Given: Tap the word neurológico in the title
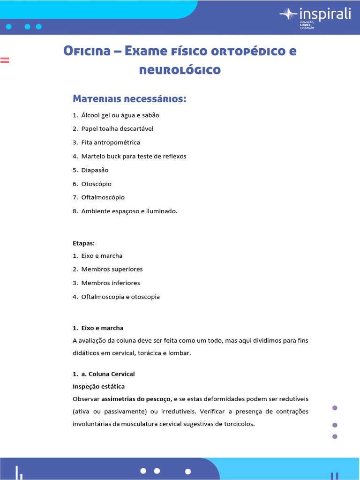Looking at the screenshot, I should click(x=180, y=70).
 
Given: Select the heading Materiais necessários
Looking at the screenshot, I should click(x=129, y=99).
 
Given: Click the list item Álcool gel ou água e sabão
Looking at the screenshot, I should click(x=123, y=115).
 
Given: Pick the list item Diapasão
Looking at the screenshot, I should click(x=95, y=170).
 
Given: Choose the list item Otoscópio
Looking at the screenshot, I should click(x=97, y=184).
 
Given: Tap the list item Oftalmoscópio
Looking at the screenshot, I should click(x=103, y=197).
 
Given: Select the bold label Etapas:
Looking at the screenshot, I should click(x=84, y=244).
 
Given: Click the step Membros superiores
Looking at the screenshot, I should click(x=112, y=270).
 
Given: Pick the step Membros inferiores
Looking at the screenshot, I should click(x=111, y=283).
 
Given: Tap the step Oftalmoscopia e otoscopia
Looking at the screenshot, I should click(x=120, y=297).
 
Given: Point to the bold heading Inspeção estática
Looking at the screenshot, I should click(x=98, y=387).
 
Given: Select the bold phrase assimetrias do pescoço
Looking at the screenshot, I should click(x=136, y=399).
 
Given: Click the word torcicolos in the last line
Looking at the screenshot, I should click(x=239, y=424).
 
